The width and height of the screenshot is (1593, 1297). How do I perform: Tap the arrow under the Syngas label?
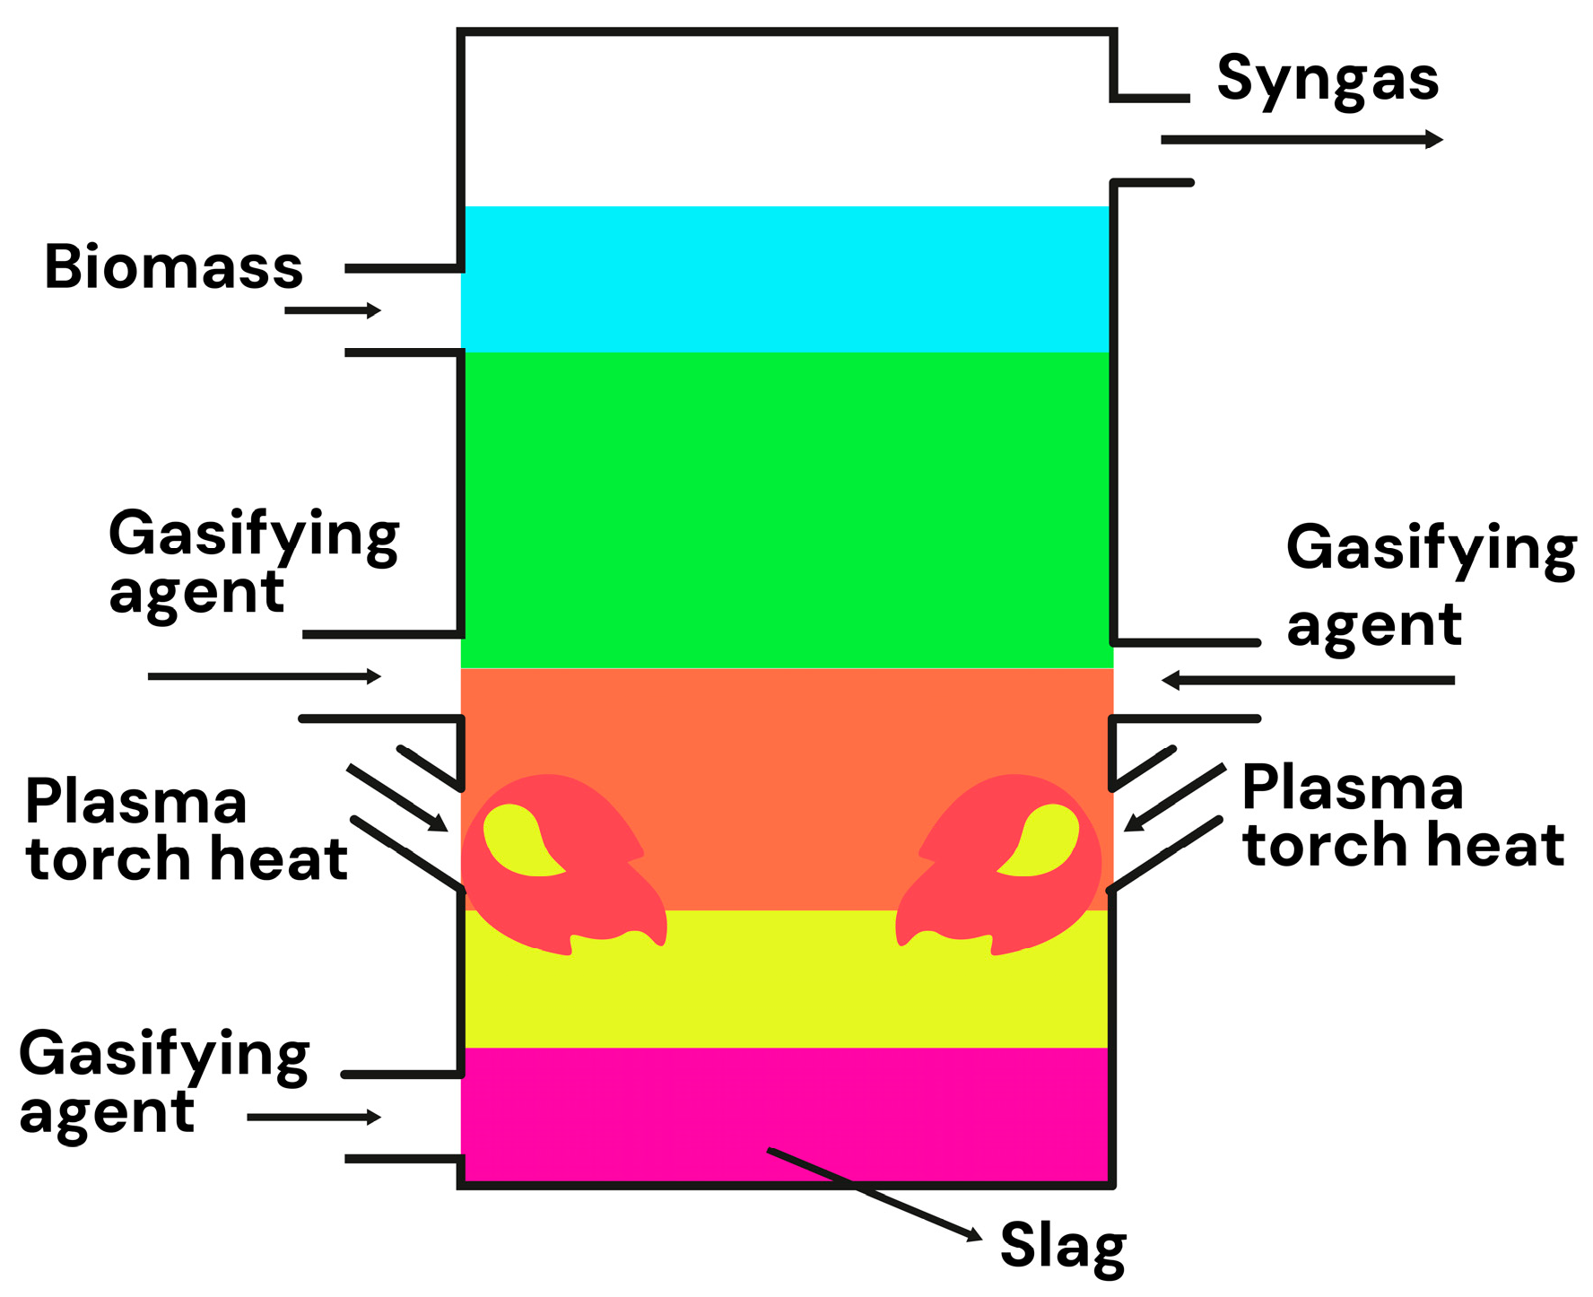(x=1301, y=140)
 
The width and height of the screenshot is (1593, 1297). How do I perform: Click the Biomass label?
(x=174, y=267)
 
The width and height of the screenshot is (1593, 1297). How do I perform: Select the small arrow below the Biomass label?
(x=332, y=310)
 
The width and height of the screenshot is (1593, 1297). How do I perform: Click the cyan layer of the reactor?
(x=786, y=279)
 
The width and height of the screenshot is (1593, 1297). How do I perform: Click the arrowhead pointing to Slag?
(x=974, y=1236)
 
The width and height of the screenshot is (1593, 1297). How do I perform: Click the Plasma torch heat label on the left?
(x=184, y=830)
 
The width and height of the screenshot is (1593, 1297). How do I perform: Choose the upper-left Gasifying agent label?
(x=253, y=561)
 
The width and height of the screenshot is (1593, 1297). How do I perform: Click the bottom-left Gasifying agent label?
(x=163, y=1082)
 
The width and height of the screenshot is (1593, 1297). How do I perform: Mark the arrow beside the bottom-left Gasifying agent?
(x=314, y=1117)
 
